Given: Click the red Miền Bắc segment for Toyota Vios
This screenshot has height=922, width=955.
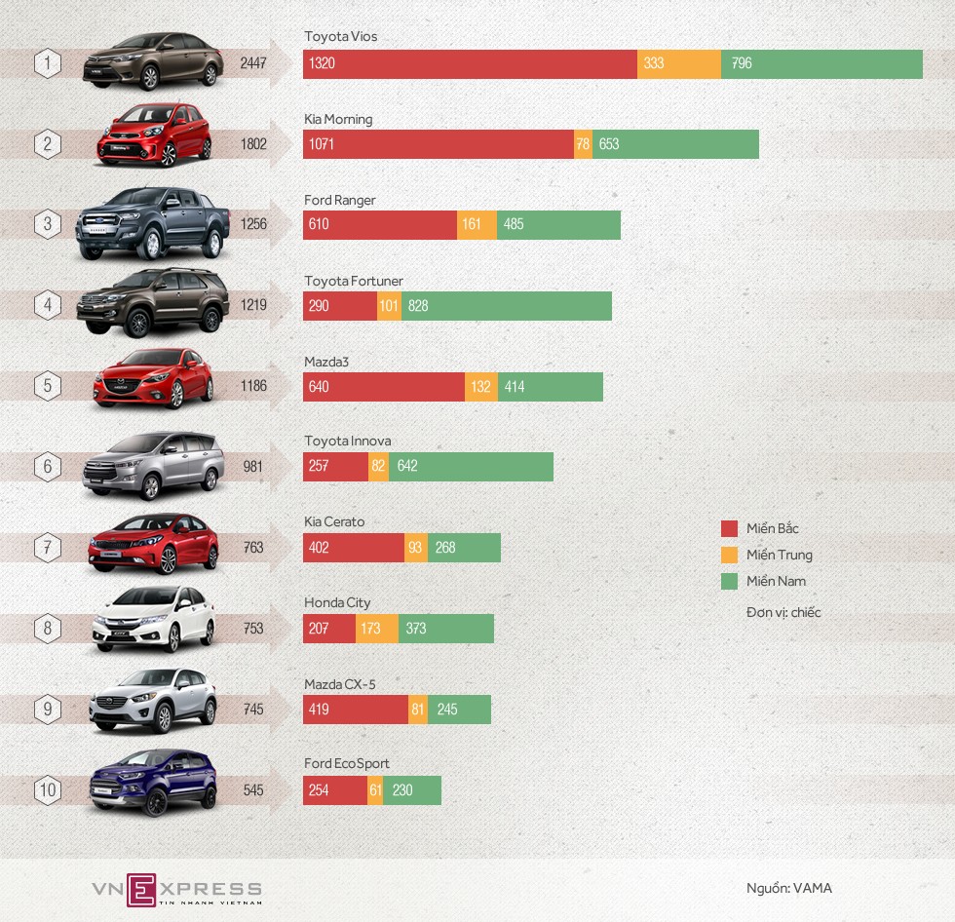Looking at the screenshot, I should (470, 63).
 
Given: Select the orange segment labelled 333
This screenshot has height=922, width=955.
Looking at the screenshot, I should (679, 63).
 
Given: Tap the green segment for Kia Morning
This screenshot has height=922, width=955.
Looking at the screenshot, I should (675, 144).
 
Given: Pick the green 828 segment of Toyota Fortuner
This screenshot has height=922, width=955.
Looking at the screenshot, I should (507, 306).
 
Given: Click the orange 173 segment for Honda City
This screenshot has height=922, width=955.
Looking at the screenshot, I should (376, 629).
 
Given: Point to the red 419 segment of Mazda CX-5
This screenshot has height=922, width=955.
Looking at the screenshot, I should (355, 710).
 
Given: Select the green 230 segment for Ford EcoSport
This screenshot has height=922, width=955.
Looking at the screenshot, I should (412, 790).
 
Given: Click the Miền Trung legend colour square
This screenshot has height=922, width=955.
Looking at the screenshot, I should (729, 556).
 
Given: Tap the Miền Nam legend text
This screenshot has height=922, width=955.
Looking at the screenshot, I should (777, 582).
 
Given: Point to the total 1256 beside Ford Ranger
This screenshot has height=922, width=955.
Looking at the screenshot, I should (253, 225).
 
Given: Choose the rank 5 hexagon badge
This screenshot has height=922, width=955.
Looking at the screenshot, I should (48, 386).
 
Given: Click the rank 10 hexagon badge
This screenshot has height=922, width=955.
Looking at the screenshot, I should (48, 790).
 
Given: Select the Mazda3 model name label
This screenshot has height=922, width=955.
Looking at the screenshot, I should (326, 363).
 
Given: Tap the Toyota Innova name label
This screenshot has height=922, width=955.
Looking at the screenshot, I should (347, 442).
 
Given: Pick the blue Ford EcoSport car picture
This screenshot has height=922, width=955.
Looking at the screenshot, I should (153, 782).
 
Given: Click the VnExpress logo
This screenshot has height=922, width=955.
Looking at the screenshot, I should (176, 889).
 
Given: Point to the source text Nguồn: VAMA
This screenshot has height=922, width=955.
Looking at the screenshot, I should (788, 888).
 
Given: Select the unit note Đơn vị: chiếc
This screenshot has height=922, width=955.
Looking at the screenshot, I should (783, 613).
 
